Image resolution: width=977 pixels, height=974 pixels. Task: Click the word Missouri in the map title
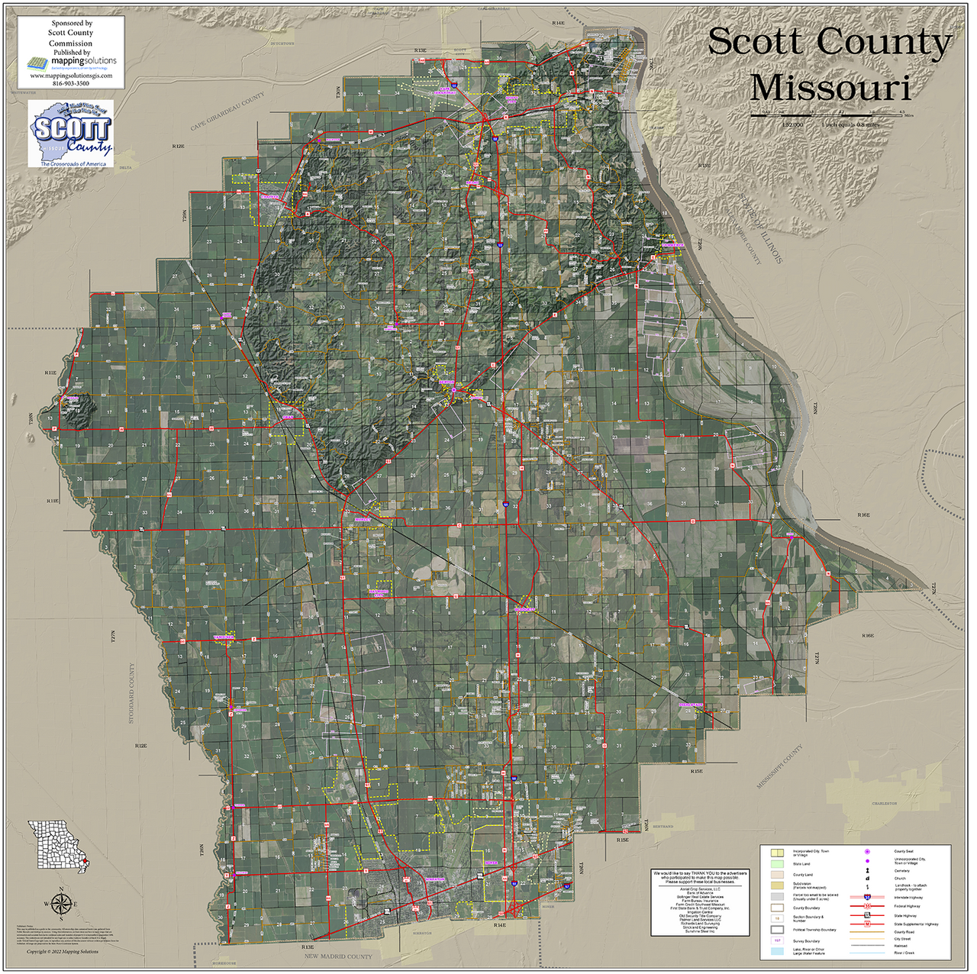tap(830, 88)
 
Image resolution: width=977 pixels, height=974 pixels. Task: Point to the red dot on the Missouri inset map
tap(85, 863)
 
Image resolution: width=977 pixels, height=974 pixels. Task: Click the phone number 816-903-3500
tap(71, 83)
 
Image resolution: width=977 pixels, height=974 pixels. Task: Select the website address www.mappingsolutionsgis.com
tap(71, 76)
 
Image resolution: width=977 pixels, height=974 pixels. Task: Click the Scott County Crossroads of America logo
tap(71, 134)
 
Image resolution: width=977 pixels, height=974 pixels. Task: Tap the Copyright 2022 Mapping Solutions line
tap(63, 952)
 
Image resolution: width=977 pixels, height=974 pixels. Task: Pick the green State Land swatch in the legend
tap(777, 864)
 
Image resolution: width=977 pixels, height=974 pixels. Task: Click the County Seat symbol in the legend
tap(867, 851)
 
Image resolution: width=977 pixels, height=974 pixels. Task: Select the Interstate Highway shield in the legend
tap(867, 898)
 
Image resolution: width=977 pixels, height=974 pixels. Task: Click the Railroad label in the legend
tap(901, 946)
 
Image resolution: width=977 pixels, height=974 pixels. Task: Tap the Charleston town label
tap(885, 803)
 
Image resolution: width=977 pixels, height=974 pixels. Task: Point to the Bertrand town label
tap(663, 827)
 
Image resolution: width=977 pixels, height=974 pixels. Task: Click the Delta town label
tap(126, 168)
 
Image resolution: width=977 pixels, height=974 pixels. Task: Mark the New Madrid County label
tap(338, 956)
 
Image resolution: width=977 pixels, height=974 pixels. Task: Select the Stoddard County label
tap(131, 693)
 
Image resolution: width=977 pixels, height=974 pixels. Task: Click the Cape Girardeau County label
tap(227, 112)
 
